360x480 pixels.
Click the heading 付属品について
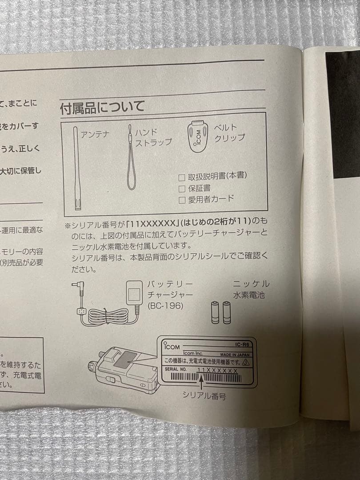(x=103, y=107)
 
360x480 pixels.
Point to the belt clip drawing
(x=197, y=136)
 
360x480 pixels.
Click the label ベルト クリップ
(x=229, y=133)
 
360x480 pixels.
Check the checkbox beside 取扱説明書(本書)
(x=181, y=177)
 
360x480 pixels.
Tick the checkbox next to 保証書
(x=181, y=188)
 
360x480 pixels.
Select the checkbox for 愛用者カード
(x=181, y=200)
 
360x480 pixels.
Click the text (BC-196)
(x=165, y=306)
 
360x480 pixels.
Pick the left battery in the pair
(x=215, y=312)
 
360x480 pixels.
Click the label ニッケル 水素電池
(x=250, y=289)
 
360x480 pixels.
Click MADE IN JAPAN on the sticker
(x=237, y=355)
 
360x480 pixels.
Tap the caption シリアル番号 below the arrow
(x=204, y=396)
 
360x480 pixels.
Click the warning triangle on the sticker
(x=246, y=362)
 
